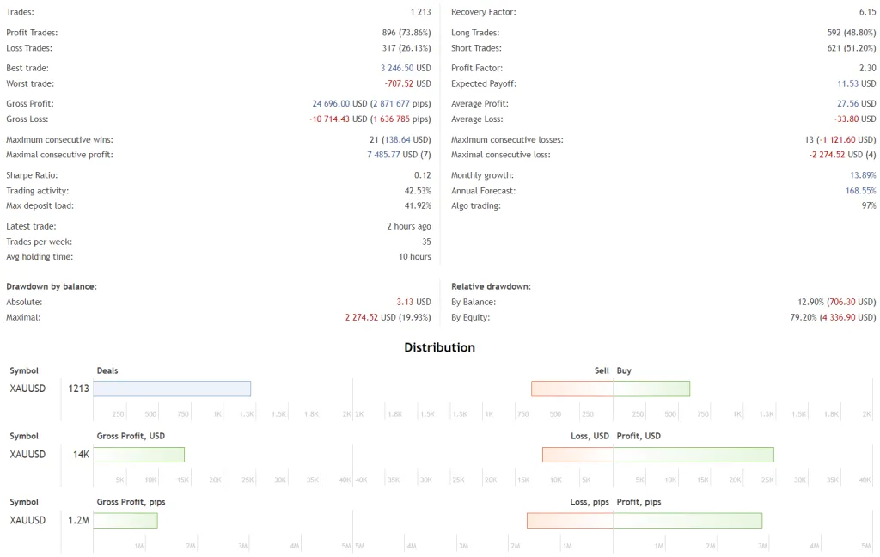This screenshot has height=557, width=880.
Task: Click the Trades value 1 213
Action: pyautogui.click(x=420, y=12)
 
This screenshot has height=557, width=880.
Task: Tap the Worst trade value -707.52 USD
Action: pyautogui.click(x=407, y=83)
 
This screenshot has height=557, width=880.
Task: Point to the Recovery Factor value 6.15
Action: pyautogui.click(x=867, y=12)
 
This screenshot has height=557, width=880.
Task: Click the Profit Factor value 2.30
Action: pyautogui.click(x=867, y=68)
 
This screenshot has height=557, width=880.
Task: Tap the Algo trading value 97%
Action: pyautogui.click(x=868, y=206)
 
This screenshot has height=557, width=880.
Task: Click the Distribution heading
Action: pyautogui.click(x=439, y=348)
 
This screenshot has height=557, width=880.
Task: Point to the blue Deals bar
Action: pyautogui.click(x=172, y=389)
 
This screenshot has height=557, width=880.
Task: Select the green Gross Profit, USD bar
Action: pyautogui.click(x=138, y=455)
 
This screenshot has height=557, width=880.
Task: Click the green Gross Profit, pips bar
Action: pyautogui.click(x=125, y=520)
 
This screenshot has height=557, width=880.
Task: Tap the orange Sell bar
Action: pyautogui.click(x=571, y=389)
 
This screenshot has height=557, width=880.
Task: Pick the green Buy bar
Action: pyautogui.click(x=651, y=389)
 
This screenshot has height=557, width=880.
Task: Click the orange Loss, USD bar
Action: pyautogui.click(x=577, y=455)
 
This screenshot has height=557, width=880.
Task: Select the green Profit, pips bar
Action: pyautogui.click(x=687, y=520)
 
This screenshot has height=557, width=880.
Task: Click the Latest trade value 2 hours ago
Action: pyautogui.click(x=408, y=226)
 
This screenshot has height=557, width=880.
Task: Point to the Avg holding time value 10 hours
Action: pyautogui.click(x=414, y=257)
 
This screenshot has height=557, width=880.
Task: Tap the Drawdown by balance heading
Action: pyautogui.click(x=52, y=286)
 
